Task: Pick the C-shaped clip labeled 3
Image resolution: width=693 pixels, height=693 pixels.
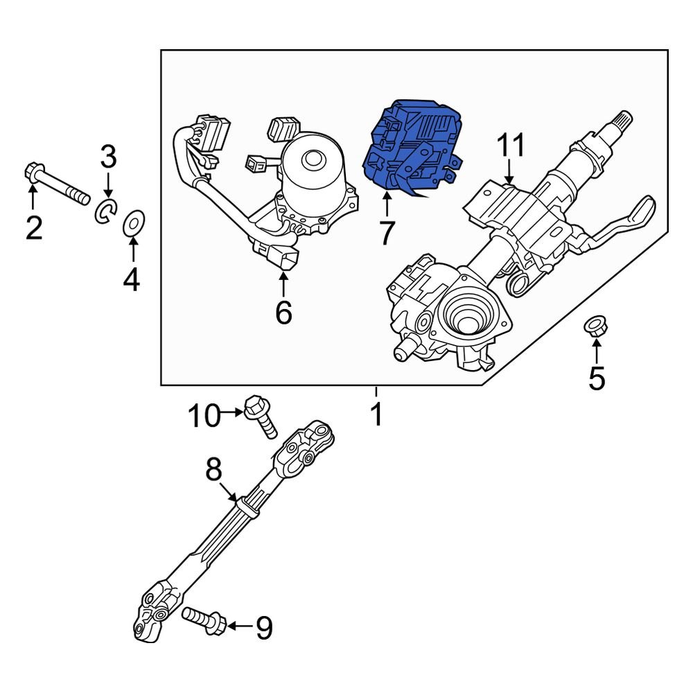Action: pyautogui.click(x=105, y=211)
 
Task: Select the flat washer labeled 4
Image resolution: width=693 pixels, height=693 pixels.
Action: pyautogui.click(x=132, y=224)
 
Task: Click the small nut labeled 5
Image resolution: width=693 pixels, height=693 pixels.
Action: pyautogui.click(x=595, y=325)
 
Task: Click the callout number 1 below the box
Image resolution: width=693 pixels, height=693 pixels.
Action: pyautogui.click(x=376, y=415)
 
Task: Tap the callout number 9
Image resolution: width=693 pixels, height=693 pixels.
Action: pyautogui.click(x=264, y=628)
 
